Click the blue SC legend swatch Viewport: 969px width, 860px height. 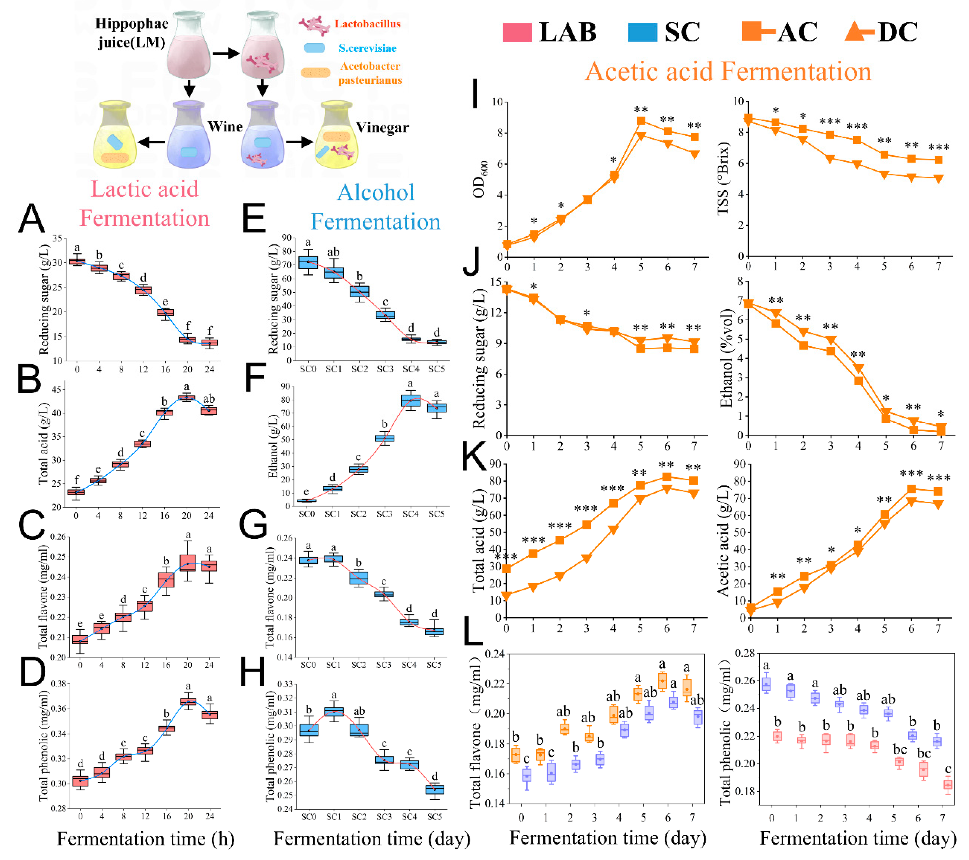[642, 32]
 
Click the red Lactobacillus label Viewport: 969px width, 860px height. [368, 24]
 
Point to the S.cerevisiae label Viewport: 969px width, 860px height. [368, 48]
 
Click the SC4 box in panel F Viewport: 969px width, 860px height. [411, 400]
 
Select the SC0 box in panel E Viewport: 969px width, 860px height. [308, 262]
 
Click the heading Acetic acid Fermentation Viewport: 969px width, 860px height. [728, 72]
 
